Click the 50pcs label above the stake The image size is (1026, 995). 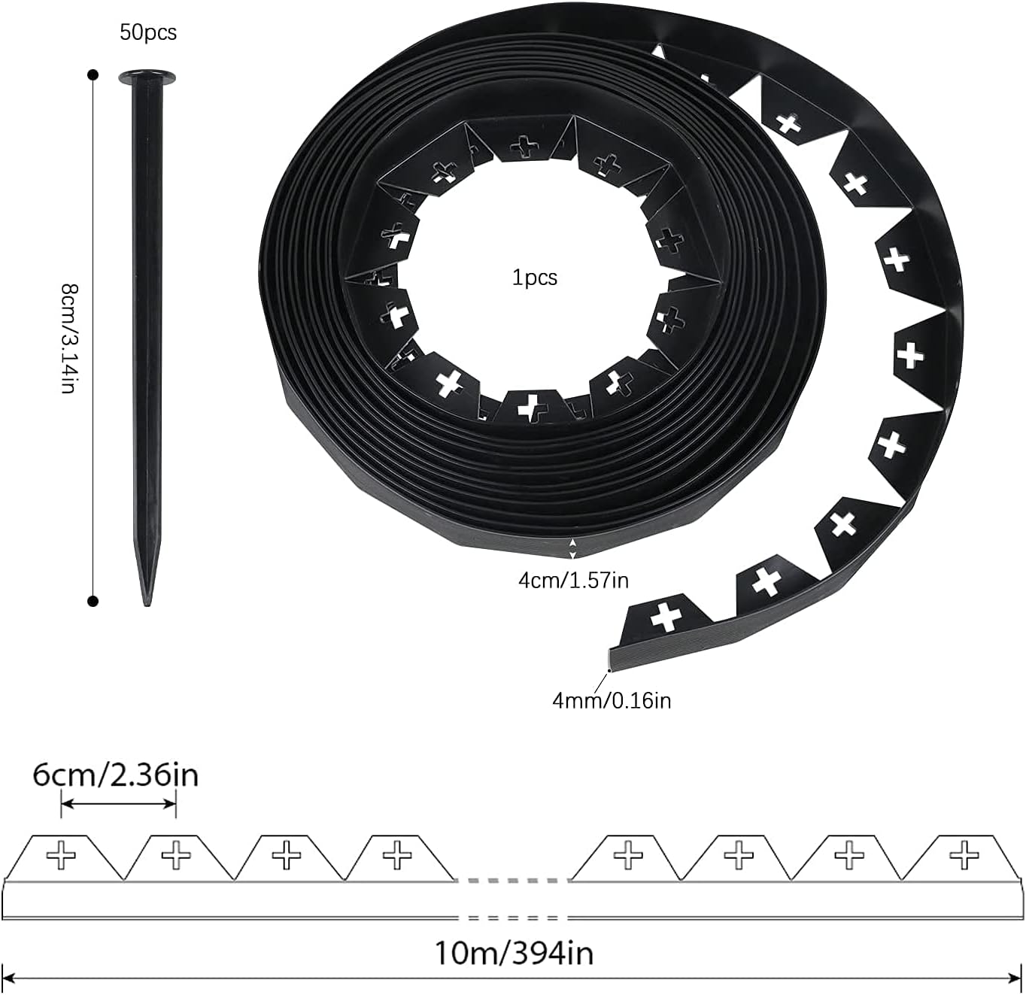(x=148, y=32)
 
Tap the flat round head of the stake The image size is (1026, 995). (x=147, y=77)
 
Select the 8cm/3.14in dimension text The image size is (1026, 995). (x=70, y=339)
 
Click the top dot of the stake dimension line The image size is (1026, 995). (x=93, y=75)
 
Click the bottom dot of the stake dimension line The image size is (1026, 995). (x=93, y=601)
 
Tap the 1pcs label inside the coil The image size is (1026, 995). (x=535, y=278)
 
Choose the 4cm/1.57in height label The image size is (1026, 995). (x=574, y=581)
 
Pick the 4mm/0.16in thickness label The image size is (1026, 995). (x=612, y=701)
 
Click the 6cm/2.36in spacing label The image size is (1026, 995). (x=116, y=775)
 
